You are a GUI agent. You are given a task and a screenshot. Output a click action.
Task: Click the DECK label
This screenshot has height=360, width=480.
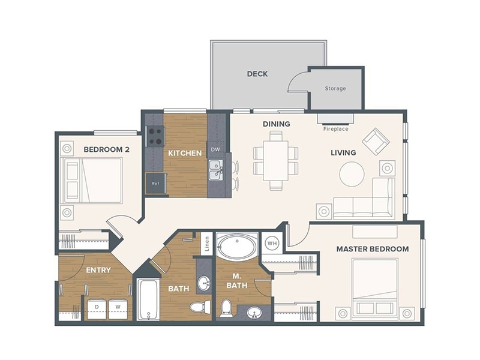pyautogui.click(x=257, y=74)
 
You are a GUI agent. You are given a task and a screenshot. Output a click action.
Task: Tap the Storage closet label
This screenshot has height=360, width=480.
pyautogui.click(x=335, y=89)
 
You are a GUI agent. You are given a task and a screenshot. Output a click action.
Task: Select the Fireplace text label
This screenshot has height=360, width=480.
pyautogui.click(x=335, y=129)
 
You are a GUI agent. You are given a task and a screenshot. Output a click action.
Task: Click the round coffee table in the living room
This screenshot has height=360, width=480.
pyautogui.click(x=352, y=174)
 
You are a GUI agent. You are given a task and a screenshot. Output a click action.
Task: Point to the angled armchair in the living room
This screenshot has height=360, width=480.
pyautogui.click(x=376, y=141)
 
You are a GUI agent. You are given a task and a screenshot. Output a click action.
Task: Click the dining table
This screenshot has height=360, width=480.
pyautogui.click(x=275, y=160)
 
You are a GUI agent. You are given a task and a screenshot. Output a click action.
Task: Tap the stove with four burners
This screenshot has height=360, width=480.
pyautogui.click(x=155, y=136)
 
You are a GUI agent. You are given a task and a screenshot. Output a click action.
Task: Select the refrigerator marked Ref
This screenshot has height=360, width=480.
pyautogui.click(x=155, y=183)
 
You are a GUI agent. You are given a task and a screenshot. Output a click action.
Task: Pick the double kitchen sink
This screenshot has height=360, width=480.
pyautogui.click(x=215, y=170)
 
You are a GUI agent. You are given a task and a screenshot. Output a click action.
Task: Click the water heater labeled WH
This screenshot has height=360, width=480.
pyautogui.click(x=272, y=243)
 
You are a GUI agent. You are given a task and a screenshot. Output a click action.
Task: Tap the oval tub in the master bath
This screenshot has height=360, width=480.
pyautogui.click(x=236, y=246)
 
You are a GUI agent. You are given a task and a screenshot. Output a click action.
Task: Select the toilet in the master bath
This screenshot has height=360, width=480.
pyautogui.click(x=226, y=307)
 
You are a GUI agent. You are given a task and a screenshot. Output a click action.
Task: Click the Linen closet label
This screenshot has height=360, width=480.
pyautogui.click(x=205, y=244)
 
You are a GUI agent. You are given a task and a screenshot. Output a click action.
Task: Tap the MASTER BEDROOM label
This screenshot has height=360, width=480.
pyautogui.click(x=372, y=249)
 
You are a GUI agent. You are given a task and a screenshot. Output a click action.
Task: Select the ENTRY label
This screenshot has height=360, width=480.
pyautogui.click(x=98, y=270)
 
